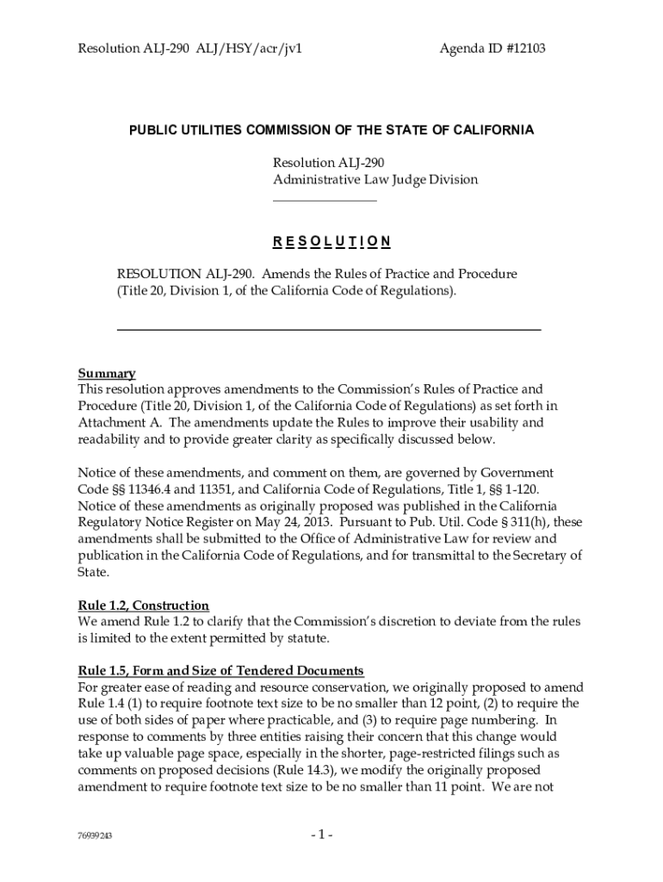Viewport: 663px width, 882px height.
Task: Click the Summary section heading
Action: click(x=107, y=373)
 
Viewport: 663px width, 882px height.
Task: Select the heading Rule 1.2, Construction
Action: click(x=144, y=606)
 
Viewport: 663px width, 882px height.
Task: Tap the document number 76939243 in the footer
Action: click(x=96, y=836)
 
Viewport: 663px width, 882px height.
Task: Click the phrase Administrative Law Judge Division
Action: click(x=375, y=179)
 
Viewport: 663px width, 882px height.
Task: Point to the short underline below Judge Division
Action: click(x=325, y=201)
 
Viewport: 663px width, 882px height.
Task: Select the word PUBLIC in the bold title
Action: click(x=152, y=130)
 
